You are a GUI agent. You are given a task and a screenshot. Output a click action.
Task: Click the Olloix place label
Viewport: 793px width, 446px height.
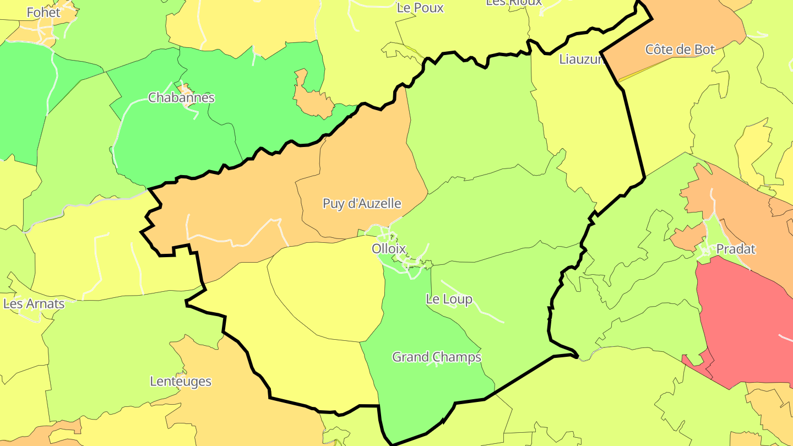(389, 249)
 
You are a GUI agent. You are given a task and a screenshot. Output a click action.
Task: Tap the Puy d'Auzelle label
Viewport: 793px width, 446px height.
(362, 204)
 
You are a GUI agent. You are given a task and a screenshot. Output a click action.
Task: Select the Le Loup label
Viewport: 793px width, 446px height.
(449, 300)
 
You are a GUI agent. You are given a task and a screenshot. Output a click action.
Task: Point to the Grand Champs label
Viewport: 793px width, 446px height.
(436, 357)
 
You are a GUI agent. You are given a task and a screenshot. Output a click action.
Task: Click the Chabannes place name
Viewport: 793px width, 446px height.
(181, 98)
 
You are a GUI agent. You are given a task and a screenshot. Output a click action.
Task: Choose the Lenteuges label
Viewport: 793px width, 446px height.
(181, 382)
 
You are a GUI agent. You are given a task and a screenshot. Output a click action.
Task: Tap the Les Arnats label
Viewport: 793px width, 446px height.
(34, 304)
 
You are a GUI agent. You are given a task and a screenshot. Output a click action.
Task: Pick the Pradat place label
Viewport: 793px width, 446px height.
(736, 249)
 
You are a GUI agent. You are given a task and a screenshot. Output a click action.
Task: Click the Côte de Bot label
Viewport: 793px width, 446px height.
(680, 50)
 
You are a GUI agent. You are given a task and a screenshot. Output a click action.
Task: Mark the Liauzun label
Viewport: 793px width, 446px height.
(582, 59)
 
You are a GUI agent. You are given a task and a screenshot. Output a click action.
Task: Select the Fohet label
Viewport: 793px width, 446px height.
(44, 12)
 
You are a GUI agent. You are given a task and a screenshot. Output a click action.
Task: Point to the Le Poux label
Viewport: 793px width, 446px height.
(420, 8)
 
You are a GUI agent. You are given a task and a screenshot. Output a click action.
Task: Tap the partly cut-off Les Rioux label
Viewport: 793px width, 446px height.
(513, 2)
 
